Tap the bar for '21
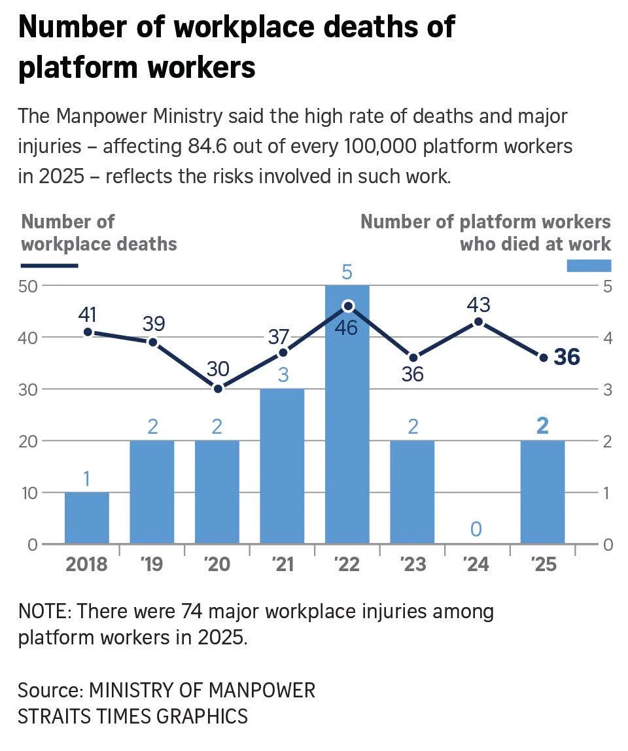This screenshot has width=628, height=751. coord(282,466)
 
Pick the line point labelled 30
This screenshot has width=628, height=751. coord(218,389)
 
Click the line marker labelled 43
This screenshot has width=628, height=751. coord(478,322)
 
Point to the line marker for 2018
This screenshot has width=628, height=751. coord(87,332)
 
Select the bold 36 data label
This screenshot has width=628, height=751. coord(567,357)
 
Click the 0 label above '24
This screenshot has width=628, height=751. coord(477,529)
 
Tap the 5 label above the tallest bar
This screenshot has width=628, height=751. coord(347,272)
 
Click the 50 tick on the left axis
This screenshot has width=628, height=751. coord(31,286)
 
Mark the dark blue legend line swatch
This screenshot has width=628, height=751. coord(49,266)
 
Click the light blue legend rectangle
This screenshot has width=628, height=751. coord(588,265)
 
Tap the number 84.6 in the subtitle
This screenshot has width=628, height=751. coord(205,147)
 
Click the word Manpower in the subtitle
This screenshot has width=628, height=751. coord(98,116)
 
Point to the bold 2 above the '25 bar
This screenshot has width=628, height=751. coord(542,427)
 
